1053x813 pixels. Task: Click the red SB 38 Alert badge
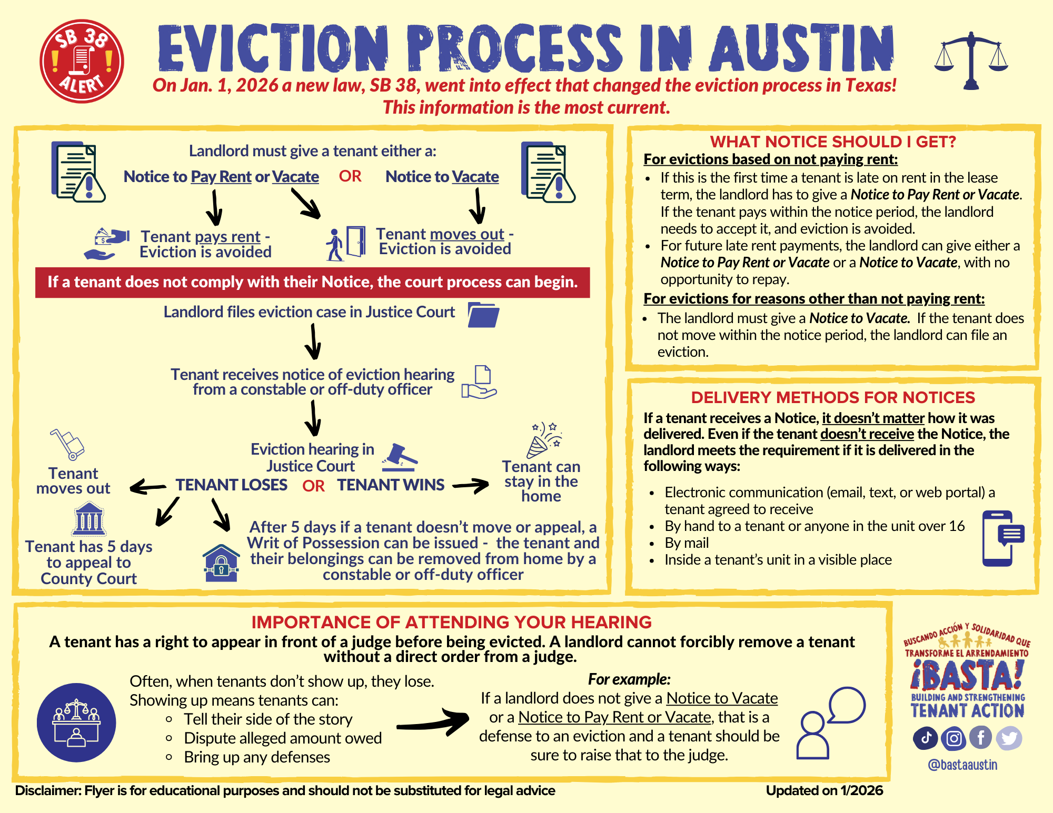(82, 61)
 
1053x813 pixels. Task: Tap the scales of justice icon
(971, 60)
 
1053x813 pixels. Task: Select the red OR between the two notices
(350, 176)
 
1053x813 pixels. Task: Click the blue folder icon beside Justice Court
(483, 315)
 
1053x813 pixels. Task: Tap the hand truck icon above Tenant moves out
(67, 444)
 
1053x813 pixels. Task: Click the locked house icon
(221, 563)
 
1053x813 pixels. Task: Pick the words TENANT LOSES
(232, 485)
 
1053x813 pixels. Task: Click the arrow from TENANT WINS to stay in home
(471, 485)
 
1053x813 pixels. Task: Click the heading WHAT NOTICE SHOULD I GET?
(832, 142)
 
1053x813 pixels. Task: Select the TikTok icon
(926, 738)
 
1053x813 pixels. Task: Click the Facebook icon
(980, 738)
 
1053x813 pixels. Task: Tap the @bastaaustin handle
(962, 765)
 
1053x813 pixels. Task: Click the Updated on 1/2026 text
(824, 790)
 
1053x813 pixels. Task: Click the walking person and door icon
(345, 244)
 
